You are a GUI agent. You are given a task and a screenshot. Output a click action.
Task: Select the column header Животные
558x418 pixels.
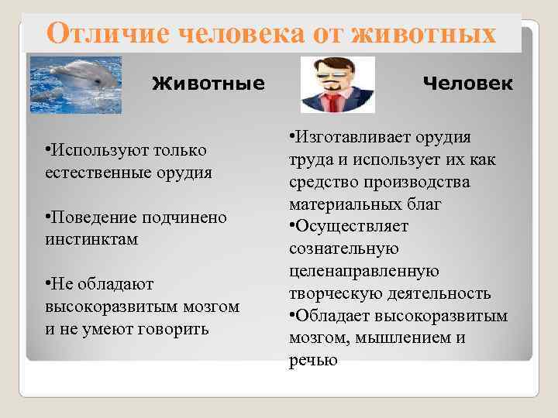click(208, 82)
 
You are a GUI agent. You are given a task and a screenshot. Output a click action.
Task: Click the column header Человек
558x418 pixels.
click(467, 82)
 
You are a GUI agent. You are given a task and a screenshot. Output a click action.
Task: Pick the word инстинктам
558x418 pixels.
click(91, 239)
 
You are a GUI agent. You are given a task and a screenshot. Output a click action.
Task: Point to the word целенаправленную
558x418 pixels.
click(363, 271)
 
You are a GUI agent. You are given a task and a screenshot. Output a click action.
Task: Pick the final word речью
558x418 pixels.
click(313, 360)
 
